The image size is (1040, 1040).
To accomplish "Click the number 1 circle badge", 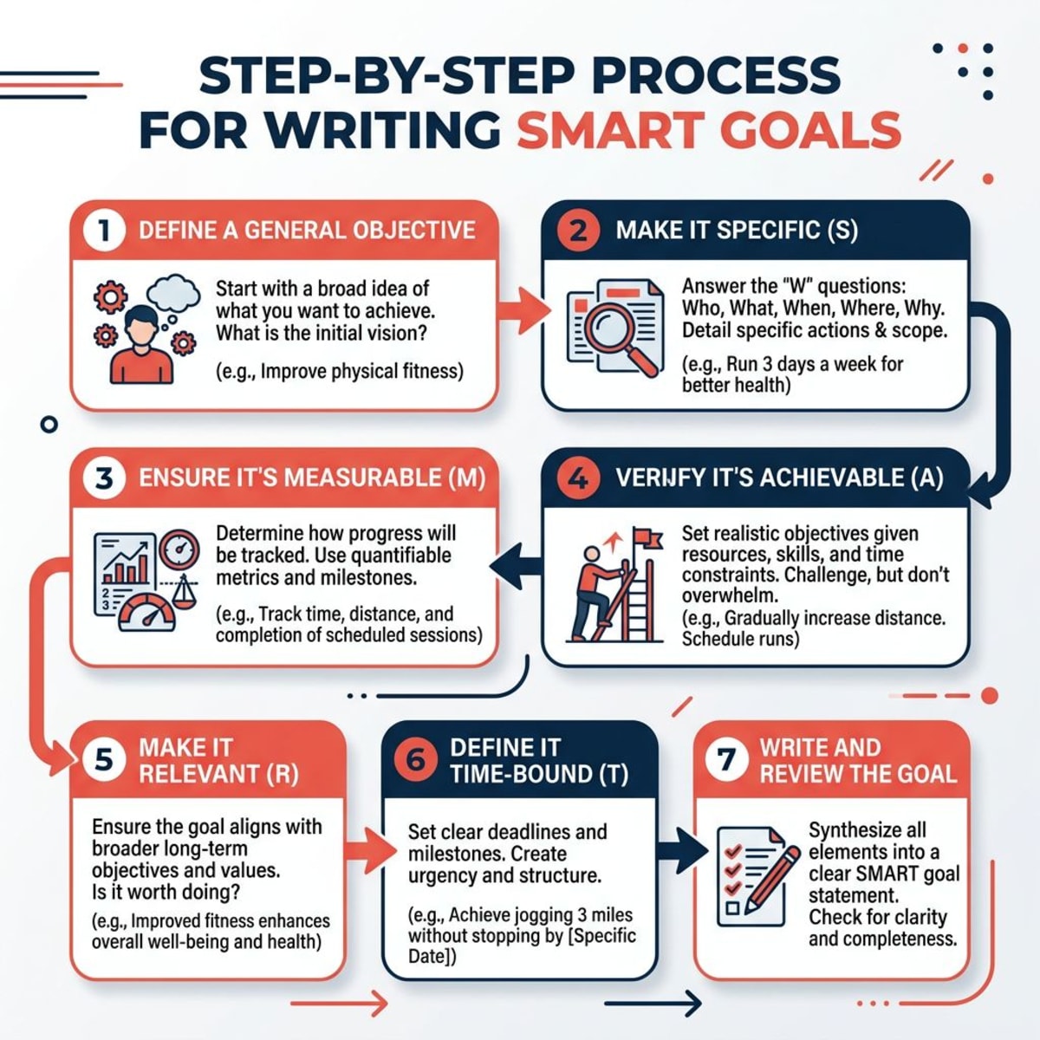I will (x=104, y=231).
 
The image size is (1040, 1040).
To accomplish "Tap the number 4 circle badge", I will (x=578, y=478).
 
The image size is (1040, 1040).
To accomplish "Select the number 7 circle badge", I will (x=726, y=760).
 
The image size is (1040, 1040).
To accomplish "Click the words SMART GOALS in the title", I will (x=708, y=130).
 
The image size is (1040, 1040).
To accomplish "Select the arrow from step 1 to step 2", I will (x=523, y=309).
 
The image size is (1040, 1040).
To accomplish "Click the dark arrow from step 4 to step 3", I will (x=516, y=565).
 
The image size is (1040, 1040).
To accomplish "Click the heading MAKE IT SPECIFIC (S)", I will (x=737, y=231).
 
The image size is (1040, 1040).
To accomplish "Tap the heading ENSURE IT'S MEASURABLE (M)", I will (x=312, y=478).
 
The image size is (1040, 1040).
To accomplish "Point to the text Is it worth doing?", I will (x=166, y=891).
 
